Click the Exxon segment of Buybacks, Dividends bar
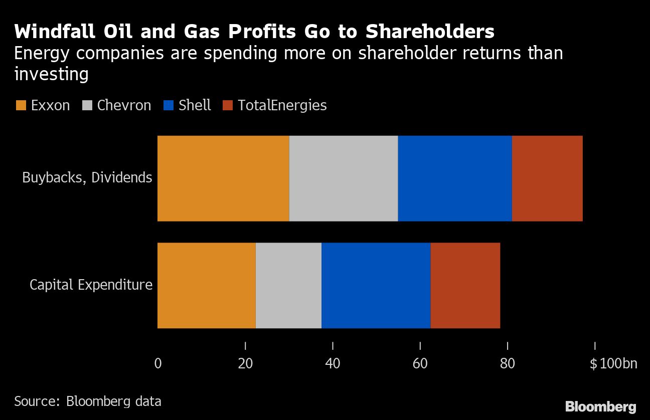click(223, 178)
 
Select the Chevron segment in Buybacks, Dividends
click(344, 178)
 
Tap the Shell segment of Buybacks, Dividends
click(455, 178)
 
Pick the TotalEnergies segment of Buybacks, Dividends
click(547, 178)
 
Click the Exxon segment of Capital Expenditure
click(207, 285)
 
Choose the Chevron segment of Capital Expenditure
click(288, 285)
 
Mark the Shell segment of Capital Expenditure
click(376, 285)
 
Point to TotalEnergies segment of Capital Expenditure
click(465, 285)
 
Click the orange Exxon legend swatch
click(21, 106)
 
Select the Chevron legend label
click(124, 106)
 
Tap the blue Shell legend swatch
click(168, 106)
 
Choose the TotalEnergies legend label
click(282, 106)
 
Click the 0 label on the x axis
click(158, 363)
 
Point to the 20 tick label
click(245, 363)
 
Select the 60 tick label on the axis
click(420, 363)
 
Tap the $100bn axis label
click(613, 363)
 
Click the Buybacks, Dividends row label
click(87, 177)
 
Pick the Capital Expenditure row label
click(91, 285)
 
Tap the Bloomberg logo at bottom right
click(601, 406)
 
